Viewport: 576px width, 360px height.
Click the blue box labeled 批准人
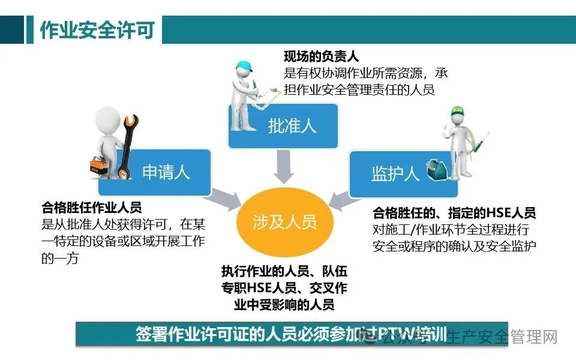pos(292,126)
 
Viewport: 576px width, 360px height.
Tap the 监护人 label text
pos(395,173)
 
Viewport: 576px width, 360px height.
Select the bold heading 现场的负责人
pos(321,57)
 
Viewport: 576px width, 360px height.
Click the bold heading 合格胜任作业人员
pos(91,208)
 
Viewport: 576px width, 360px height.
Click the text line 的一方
pos(60,259)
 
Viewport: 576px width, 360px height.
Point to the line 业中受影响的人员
pos(284,305)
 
